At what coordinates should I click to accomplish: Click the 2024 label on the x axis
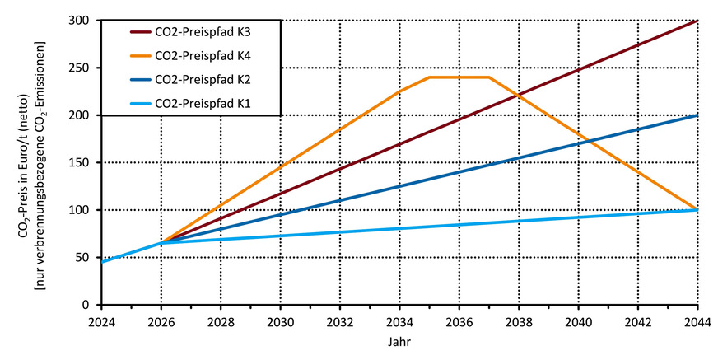coord(101,321)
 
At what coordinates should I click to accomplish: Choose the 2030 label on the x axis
coord(280,321)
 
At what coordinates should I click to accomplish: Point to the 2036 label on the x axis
coord(459,321)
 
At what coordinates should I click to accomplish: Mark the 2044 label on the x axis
coord(697,321)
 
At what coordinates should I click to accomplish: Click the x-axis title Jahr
coord(399,340)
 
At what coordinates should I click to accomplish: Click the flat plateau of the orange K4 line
coord(459,77)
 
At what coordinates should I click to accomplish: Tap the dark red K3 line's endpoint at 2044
coord(697,21)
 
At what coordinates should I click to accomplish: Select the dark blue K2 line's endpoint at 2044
coord(697,115)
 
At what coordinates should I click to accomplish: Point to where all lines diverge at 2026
coord(161,243)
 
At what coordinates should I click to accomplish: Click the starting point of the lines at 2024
coord(101,262)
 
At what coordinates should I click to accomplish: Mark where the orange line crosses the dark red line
coord(517,96)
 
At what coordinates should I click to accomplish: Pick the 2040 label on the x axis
coord(578,321)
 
